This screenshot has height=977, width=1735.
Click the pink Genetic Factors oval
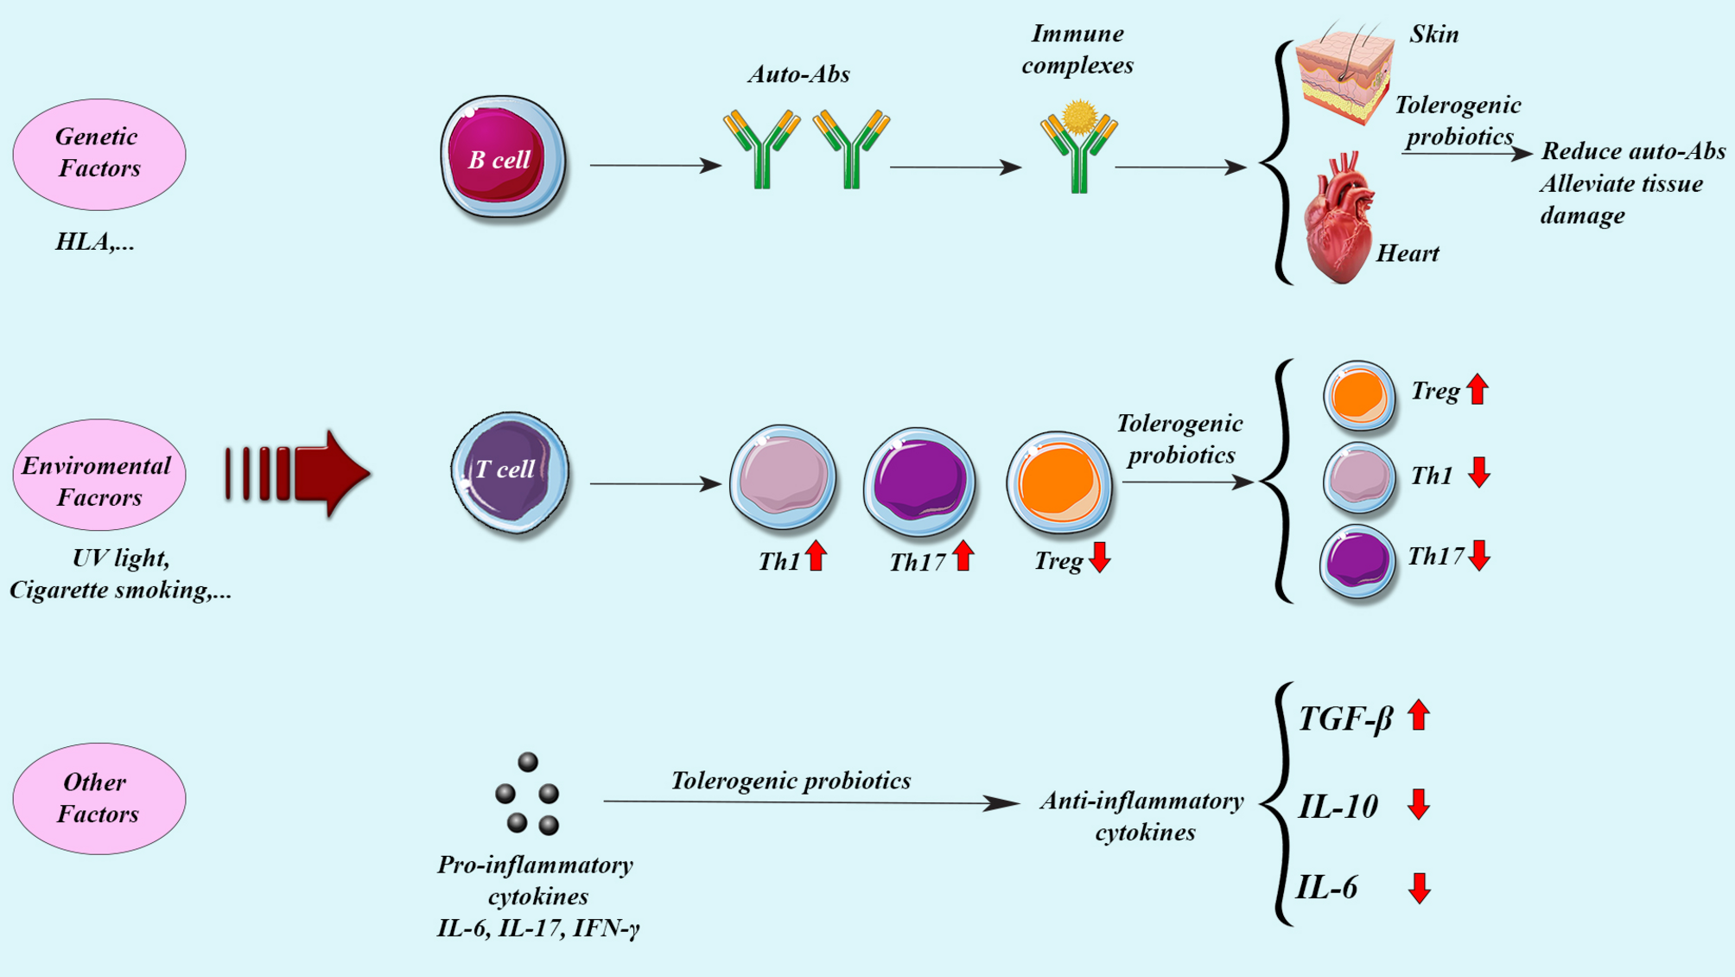[99, 154]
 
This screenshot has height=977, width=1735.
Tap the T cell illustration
[510, 471]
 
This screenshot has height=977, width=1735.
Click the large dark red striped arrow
[298, 474]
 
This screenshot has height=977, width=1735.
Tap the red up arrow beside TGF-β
[1418, 715]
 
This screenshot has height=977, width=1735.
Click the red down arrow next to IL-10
[1418, 804]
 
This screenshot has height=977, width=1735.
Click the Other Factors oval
[99, 798]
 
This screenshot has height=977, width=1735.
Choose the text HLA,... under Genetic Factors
[95, 241]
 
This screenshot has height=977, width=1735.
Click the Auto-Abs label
[798, 74]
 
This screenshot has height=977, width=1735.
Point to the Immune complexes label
[1077, 49]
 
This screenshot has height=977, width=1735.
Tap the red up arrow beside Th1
[816, 556]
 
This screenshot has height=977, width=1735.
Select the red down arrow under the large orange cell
[1099, 558]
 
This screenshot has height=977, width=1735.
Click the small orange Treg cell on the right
[1358, 395]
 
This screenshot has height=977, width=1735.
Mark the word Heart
[1407, 253]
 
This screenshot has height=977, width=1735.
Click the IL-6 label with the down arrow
[1327, 887]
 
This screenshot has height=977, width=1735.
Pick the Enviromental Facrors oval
[99, 475]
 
